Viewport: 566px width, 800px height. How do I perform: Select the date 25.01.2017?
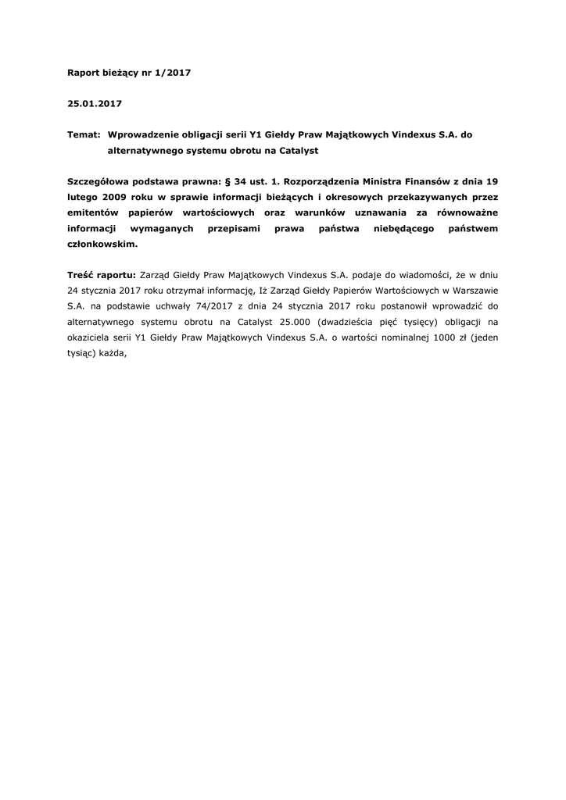95,103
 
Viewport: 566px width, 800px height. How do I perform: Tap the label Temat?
83,134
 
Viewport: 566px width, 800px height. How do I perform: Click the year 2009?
113,197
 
